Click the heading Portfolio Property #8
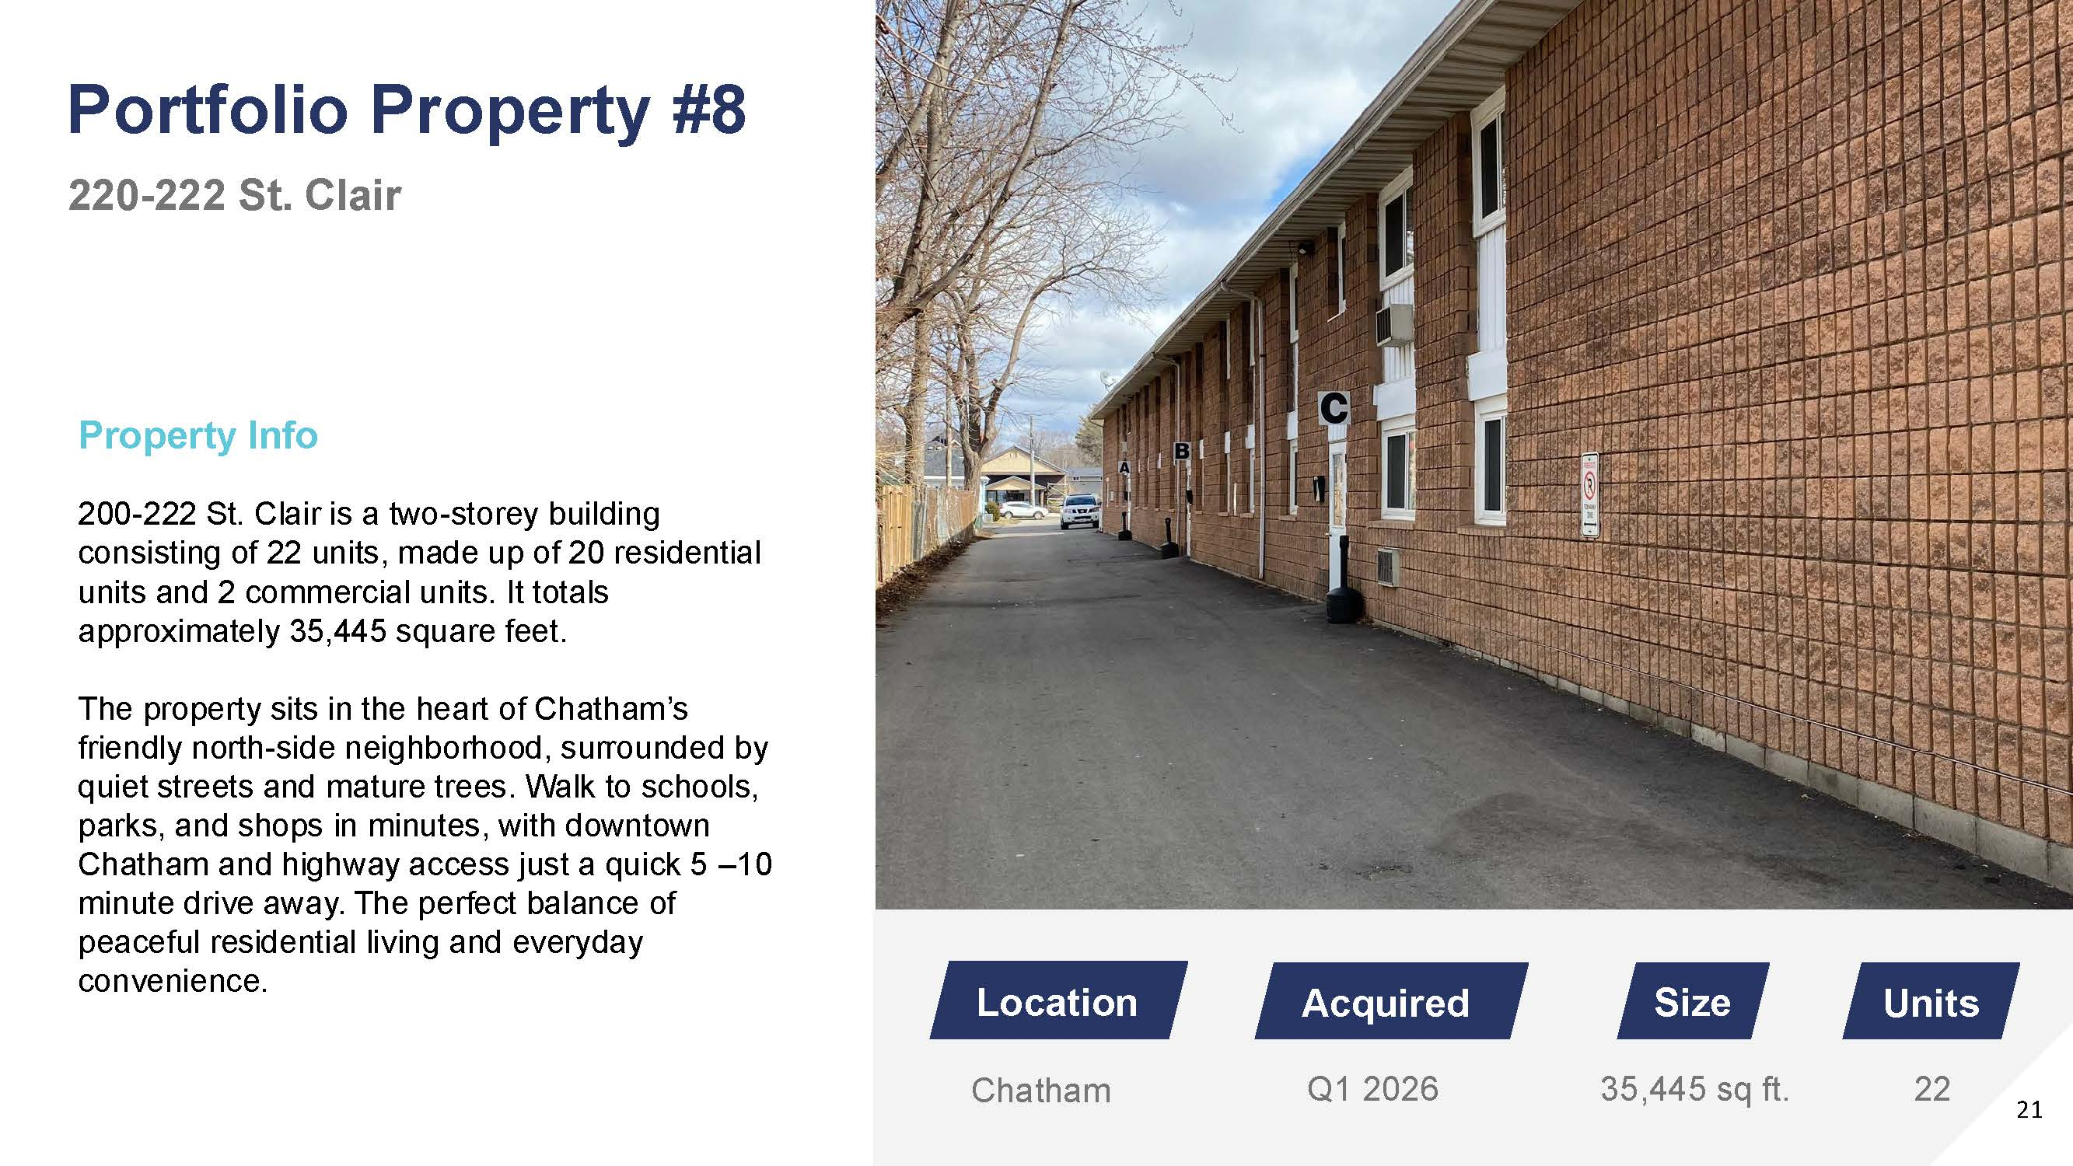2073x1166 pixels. tap(407, 110)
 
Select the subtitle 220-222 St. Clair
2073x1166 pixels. tap(234, 195)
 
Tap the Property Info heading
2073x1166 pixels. tap(198, 435)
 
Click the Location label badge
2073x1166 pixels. tap(1058, 1000)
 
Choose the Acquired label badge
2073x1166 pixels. tap(1390, 1001)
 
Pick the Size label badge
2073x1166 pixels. tap(1694, 1001)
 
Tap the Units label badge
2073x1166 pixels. tap(1931, 1001)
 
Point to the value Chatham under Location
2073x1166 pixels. tap(1040, 1091)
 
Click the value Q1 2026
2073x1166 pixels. tap(1372, 1089)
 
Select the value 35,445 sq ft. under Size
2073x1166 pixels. tap(1694, 1090)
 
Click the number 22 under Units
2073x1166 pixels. tap(1932, 1089)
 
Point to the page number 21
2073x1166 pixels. tap(2029, 1111)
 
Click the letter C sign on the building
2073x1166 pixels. tap(1334, 408)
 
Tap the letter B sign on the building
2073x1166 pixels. tap(1181, 452)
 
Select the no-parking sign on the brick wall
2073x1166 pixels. tap(1590, 495)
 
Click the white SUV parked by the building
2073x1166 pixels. tap(1079, 511)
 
